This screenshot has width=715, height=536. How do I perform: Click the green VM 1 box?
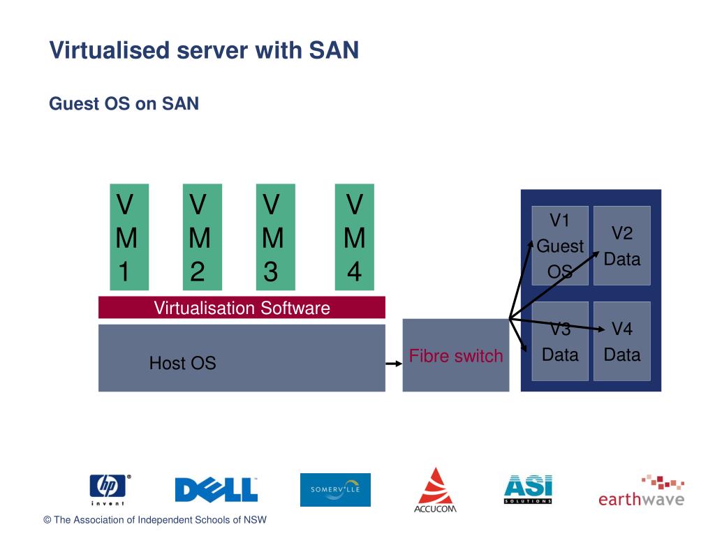tap(129, 237)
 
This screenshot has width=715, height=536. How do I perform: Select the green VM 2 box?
tap(202, 237)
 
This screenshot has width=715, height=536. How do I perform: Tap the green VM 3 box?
tap(275, 237)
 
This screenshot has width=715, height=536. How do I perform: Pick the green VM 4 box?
tap(354, 237)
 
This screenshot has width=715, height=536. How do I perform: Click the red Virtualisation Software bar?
tap(242, 308)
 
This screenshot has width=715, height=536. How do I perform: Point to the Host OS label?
tap(182, 363)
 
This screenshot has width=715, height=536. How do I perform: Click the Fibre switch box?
tap(455, 355)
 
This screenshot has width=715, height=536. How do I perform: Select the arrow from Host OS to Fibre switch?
tap(394, 364)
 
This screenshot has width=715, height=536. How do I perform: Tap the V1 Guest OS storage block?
tap(560, 246)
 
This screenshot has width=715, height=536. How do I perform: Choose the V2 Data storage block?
tap(622, 246)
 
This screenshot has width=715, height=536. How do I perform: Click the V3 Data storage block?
tap(560, 341)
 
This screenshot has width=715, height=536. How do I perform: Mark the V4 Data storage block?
tap(622, 341)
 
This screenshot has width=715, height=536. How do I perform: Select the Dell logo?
tap(216, 489)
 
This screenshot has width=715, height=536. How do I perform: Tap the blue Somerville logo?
tap(335, 490)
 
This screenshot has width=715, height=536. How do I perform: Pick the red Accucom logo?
tap(436, 491)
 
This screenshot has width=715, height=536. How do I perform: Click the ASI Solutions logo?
tap(528, 489)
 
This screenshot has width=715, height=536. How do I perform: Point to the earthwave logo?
tap(641, 491)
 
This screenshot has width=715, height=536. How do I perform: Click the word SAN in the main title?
tap(334, 50)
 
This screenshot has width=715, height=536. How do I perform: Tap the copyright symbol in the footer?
tap(47, 520)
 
